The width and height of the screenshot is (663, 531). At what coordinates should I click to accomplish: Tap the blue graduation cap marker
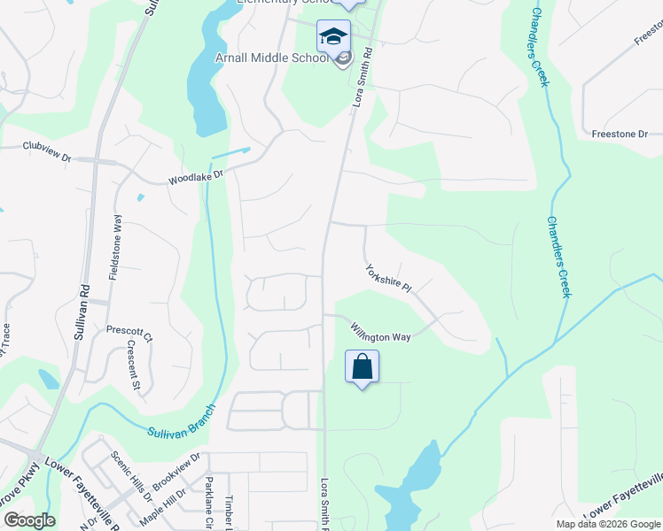tap(333, 37)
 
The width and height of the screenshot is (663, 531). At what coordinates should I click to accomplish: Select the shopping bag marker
tap(363, 367)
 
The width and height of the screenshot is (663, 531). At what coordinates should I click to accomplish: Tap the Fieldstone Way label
tap(115, 248)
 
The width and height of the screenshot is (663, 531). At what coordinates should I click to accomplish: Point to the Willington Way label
tap(379, 331)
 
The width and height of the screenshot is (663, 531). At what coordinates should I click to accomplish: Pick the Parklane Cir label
tap(209, 501)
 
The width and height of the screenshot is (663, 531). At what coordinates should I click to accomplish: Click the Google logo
tap(28, 520)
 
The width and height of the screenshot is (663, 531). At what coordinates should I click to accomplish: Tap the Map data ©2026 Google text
tap(607, 524)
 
